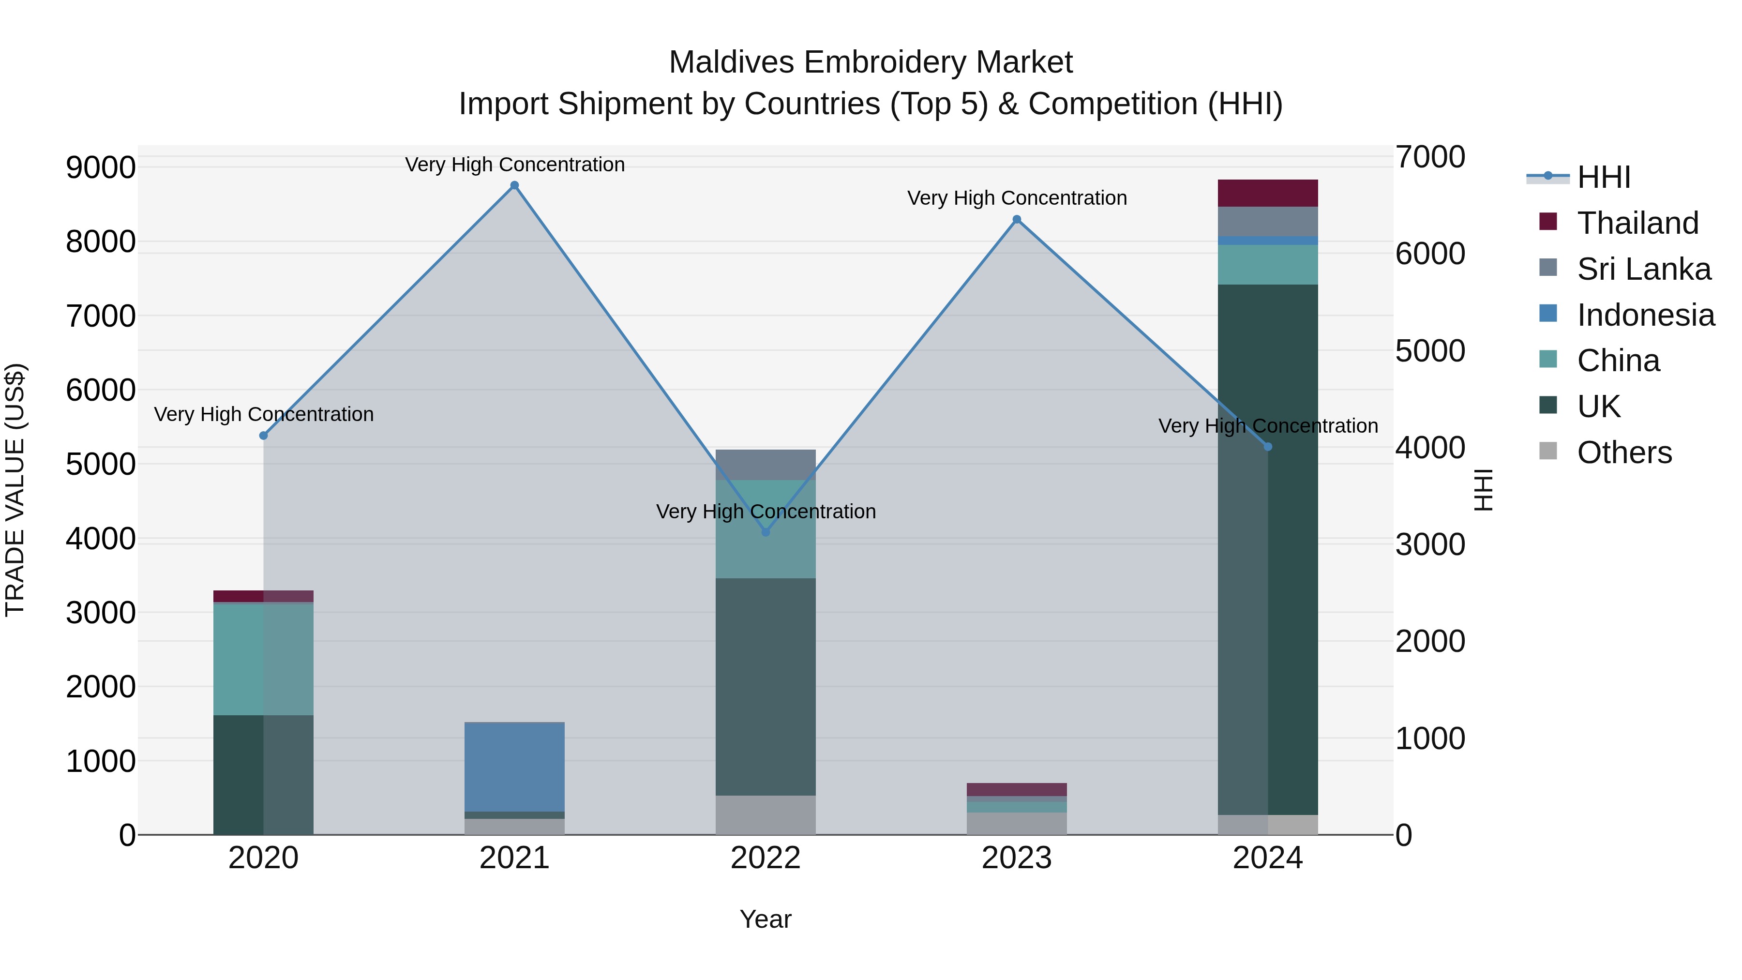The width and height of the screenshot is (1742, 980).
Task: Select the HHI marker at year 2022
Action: (766, 532)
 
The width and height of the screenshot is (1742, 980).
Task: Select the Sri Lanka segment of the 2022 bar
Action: (766, 465)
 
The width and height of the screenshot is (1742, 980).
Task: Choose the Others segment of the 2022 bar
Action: (766, 814)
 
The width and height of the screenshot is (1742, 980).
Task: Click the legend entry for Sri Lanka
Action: (1643, 269)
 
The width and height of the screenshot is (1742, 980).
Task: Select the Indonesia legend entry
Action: (1645, 315)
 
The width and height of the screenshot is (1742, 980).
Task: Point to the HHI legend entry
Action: (1603, 177)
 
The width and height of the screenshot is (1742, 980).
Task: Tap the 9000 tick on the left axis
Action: (100, 167)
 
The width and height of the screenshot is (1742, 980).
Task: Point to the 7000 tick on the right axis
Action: (1430, 157)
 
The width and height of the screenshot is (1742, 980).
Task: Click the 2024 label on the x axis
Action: (1267, 858)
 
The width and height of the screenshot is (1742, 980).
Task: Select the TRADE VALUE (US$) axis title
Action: (15, 490)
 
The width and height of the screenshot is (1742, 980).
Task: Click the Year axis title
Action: (765, 919)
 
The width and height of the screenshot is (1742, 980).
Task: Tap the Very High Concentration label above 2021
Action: (515, 165)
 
